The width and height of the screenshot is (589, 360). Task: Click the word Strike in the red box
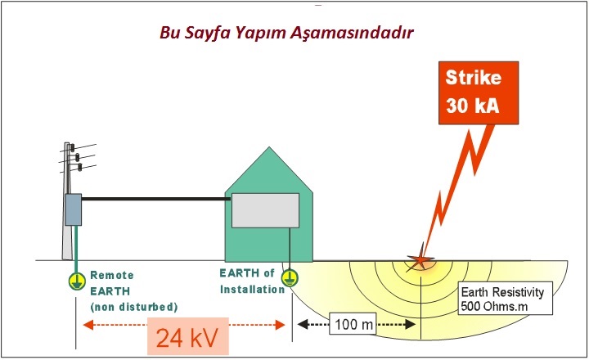474,78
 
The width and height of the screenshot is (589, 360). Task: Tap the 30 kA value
473,105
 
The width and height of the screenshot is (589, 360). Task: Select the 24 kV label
187,338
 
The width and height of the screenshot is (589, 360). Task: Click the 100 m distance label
353,324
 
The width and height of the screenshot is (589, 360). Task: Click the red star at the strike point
420,259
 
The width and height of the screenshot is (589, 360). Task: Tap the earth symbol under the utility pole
77,281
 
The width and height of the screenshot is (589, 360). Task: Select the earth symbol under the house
290,278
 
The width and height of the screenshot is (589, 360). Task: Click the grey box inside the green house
265,210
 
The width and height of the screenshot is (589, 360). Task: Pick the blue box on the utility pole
74,209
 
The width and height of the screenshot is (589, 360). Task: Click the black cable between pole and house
156,199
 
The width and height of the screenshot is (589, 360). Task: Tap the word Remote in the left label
112,276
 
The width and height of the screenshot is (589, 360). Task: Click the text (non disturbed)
133,307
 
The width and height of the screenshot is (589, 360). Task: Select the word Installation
253,290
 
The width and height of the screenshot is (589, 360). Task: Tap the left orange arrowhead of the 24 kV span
88,325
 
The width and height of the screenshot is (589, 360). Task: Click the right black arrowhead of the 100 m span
410,324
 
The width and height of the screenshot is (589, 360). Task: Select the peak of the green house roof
269,147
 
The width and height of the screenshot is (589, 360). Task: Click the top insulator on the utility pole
72,147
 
